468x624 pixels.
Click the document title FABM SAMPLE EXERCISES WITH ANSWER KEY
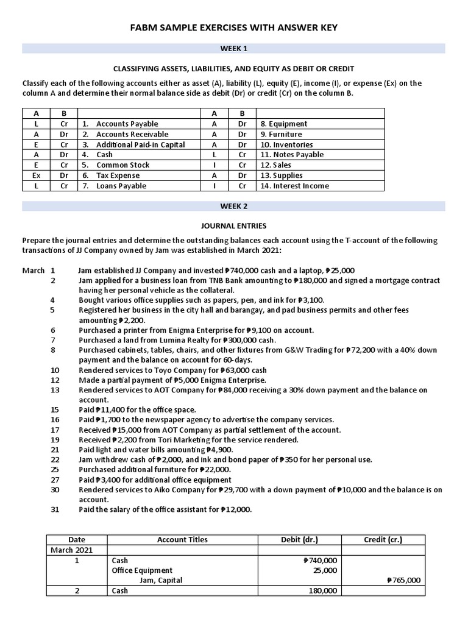coord(233,28)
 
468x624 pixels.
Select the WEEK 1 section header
coord(233,48)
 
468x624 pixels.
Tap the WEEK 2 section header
coord(233,207)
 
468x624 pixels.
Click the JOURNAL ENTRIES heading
coord(233,225)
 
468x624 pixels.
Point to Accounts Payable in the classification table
coord(123,124)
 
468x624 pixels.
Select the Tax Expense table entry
coord(118,175)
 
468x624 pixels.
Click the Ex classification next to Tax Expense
coord(37,175)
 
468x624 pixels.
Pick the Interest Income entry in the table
coord(294,186)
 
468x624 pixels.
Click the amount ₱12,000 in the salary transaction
coord(235,509)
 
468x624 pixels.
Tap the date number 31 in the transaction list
coord(55,509)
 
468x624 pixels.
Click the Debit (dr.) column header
coord(299,539)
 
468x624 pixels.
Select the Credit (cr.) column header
coord(383,539)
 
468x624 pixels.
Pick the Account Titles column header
coord(182,539)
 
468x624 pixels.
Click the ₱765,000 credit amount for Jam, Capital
coord(403,580)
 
